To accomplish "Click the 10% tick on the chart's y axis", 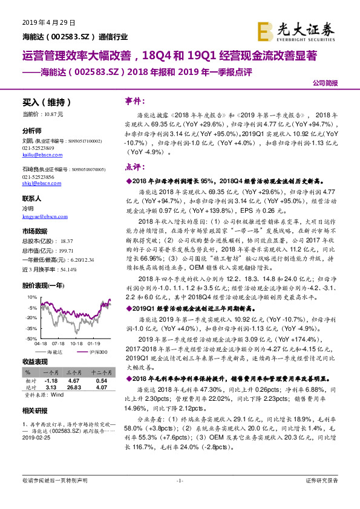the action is [x=31, y=298].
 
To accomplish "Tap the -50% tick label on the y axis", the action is [x=30, y=339].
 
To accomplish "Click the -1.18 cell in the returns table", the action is [x=51, y=381].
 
